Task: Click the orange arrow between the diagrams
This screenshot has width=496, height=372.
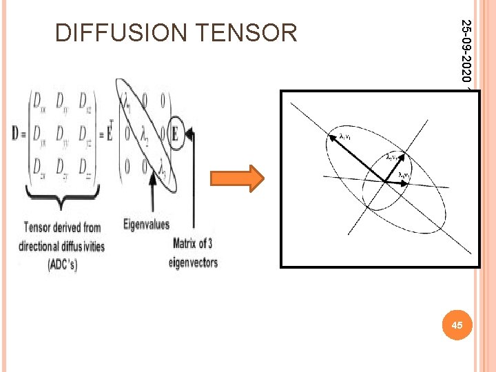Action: (246, 178)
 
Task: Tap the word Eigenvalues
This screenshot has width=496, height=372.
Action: (146, 223)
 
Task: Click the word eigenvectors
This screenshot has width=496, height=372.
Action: (193, 262)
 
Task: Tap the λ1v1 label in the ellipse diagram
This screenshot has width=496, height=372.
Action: (348, 136)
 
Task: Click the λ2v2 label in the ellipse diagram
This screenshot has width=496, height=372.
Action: (395, 157)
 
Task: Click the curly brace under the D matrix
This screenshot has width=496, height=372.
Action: (63, 202)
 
